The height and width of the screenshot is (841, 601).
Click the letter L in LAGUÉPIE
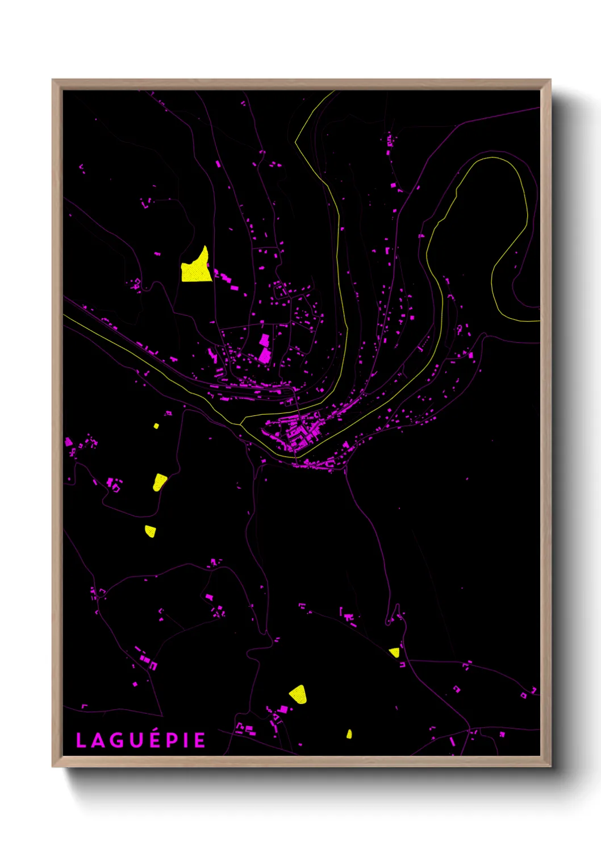click(x=81, y=740)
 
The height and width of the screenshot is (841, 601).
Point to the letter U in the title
click(x=136, y=740)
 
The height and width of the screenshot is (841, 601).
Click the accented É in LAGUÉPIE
click(x=153, y=739)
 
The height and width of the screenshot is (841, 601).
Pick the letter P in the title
click(x=171, y=740)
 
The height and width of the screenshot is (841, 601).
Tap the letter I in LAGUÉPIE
click(x=185, y=740)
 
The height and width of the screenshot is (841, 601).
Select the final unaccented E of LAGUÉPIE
click(x=199, y=740)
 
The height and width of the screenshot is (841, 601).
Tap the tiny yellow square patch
click(x=156, y=426)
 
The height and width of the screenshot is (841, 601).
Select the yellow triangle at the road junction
click(x=394, y=652)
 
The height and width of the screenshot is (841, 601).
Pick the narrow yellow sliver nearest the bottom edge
click(x=349, y=734)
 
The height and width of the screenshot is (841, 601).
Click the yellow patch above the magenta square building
click(x=298, y=694)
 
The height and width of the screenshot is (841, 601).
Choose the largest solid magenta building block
click(x=265, y=355)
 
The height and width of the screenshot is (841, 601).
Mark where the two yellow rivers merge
click(x=241, y=424)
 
